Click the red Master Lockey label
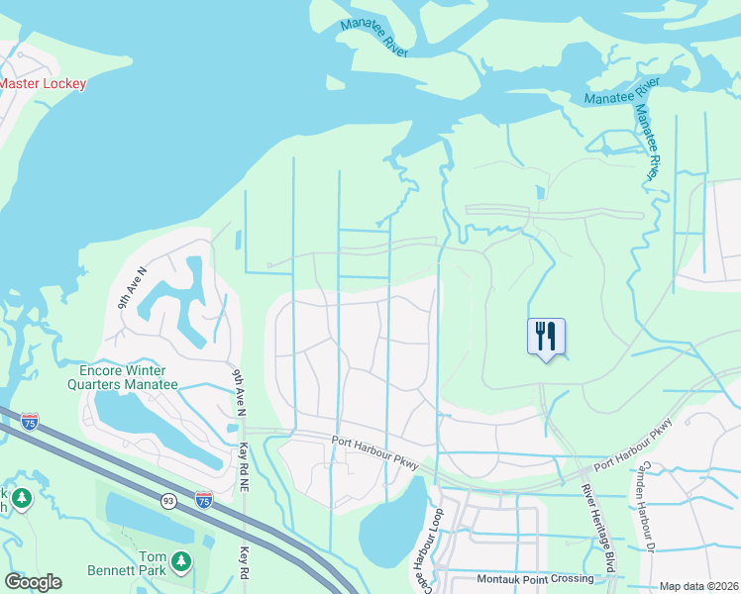tap(43, 84)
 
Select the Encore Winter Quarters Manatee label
tap(123, 377)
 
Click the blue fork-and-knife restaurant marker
tap(545, 337)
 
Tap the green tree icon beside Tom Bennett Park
tap(180, 562)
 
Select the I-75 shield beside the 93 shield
tap(203, 499)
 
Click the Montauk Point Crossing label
tap(535, 578)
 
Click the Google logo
tap(33, 582)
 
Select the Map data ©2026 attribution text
tap(697, 586)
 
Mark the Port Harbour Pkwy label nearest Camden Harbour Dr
tap(633, 447)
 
